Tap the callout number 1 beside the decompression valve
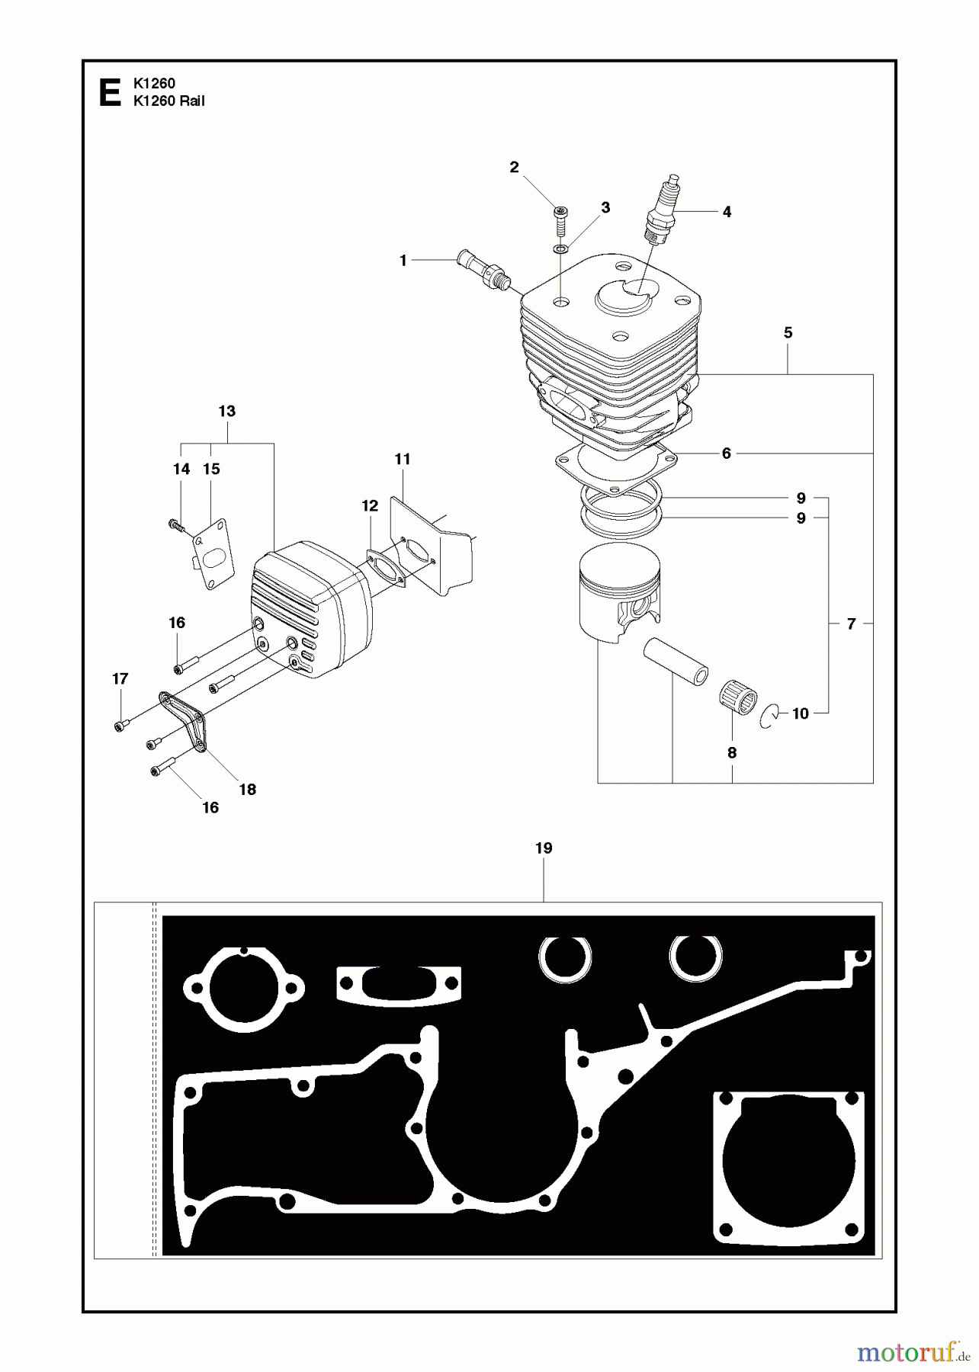403,261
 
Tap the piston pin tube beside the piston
676,662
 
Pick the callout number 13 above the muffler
226,412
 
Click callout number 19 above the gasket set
543,848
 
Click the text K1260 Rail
169,101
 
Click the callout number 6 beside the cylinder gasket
726,454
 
